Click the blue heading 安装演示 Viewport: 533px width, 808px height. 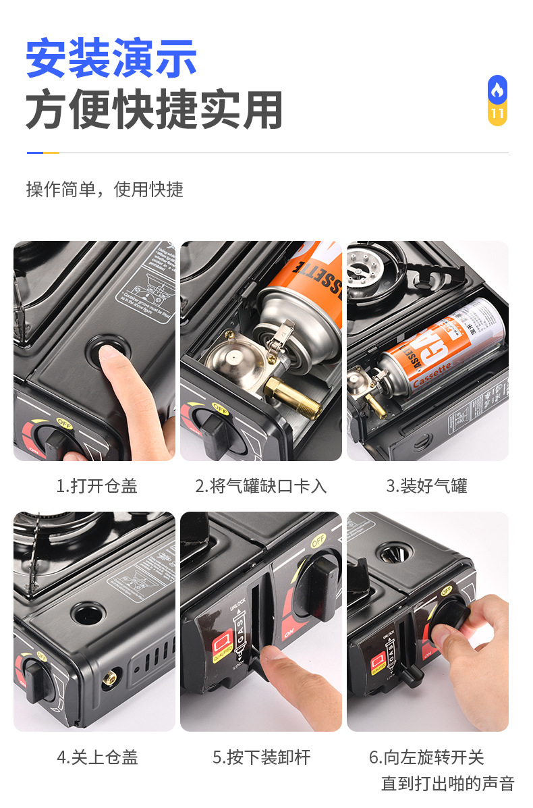(x=111, y=58)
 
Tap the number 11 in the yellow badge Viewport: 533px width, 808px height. (x=497, y=113)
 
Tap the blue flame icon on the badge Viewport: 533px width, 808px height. (x=497, y=89)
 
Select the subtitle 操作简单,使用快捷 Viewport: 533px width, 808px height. (x=105, y=189)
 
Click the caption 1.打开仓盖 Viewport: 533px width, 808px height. (x=96, y=486)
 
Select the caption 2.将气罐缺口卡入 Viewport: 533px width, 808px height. (x=260, y=486)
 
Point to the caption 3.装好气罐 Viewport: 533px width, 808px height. (x=426, y=486)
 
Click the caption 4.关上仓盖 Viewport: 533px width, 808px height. (x=96, y=757)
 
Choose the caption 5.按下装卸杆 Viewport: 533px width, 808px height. (x=261, y=757)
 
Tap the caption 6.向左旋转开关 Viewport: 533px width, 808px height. (x=426, y=757)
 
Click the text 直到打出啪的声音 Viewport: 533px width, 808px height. (x=447, y=783)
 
